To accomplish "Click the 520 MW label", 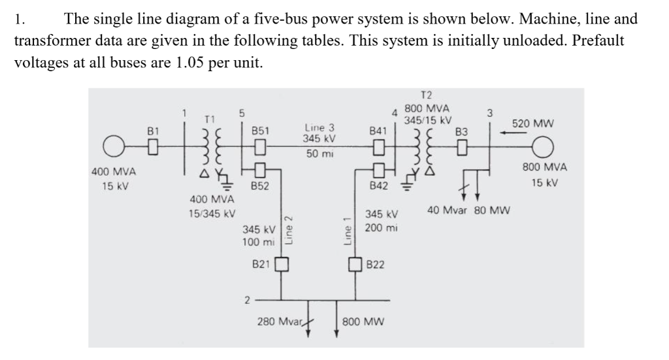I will click(533, 123).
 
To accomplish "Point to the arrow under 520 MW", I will click(515, 133).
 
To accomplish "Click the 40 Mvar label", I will click(448, 210).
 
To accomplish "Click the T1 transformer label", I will click(209, 120).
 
